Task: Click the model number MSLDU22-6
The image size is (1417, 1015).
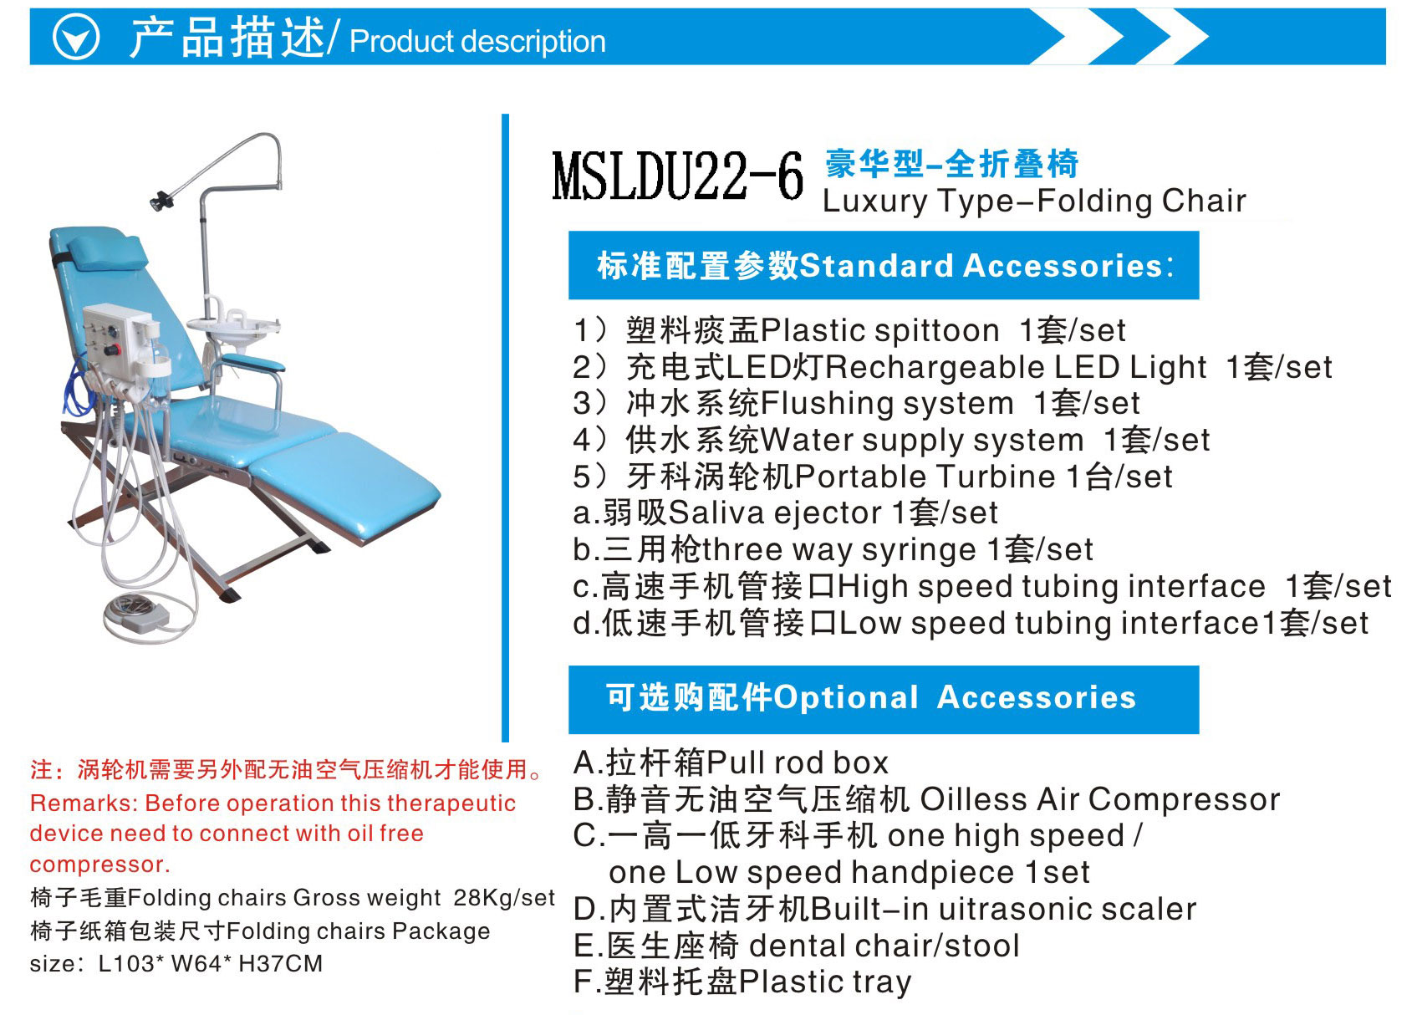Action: (677, 177)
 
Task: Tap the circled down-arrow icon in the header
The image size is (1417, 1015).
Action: (76, 38)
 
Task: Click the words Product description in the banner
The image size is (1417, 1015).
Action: (477, 41)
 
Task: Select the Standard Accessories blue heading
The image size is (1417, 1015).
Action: (883, 266)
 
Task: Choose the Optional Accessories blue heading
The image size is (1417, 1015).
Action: (883, 699)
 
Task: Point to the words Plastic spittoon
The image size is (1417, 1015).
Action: (880, 331)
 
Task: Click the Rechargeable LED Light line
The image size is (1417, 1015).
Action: (952, 368)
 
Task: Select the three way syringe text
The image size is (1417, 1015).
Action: (838, 550)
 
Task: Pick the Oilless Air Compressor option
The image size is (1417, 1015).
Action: (1099, 800)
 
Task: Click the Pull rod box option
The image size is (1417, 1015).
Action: (797, 763)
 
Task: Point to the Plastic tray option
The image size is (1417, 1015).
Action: (825, 982)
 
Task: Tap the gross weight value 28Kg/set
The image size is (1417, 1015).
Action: (503, 898)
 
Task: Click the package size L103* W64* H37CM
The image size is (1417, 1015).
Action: (210, 964)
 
